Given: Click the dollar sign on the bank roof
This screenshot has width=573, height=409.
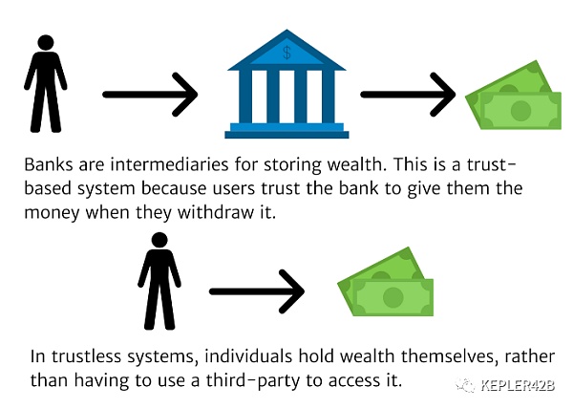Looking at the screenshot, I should (286, 53).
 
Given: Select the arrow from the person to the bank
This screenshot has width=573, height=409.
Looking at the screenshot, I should (149, 94).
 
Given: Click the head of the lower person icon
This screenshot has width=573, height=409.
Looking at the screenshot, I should (158, 240).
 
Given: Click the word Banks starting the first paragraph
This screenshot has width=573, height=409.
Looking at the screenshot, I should (56, 163).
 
